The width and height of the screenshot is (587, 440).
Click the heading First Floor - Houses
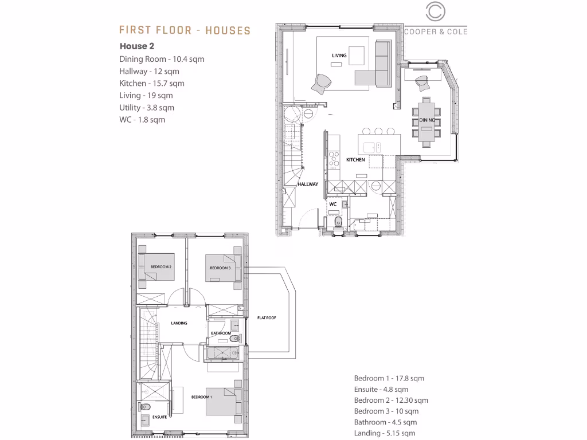(185, 30)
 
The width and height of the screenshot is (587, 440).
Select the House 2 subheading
(137, 46)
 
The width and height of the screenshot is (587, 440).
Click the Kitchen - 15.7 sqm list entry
(151, 84)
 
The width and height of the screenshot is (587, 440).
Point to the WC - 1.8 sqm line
(142, 120)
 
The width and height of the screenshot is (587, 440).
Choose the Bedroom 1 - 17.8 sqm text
(389, 378)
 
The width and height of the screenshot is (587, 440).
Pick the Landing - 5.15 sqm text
(384, 433)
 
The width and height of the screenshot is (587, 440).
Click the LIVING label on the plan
(339, 56)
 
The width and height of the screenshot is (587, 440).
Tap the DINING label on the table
(426, 120)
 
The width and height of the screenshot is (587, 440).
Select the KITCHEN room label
(355, 160)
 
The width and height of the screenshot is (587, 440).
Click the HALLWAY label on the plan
(308, 184)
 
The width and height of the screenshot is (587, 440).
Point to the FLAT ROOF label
(267, 317)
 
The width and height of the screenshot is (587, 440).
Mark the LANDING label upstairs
(179, 323)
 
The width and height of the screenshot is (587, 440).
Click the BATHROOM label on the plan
(221, 333)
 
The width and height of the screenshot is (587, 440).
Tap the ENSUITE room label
(159, 417)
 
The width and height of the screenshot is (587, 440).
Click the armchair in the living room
(321, 84)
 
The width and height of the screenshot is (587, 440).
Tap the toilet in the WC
(336, 222)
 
